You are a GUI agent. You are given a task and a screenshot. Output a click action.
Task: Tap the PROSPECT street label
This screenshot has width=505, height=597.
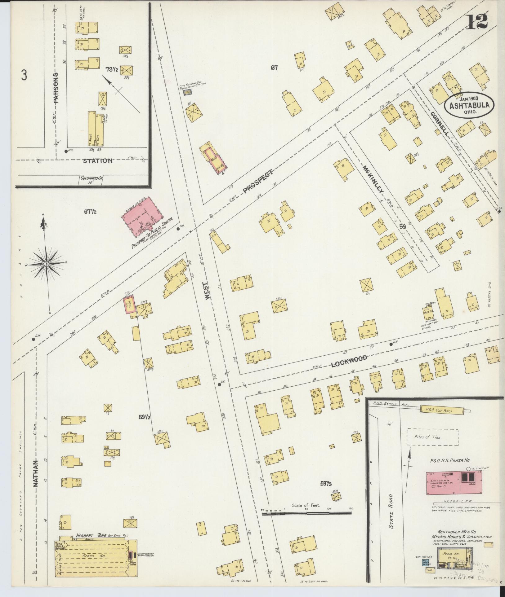click(258, 181)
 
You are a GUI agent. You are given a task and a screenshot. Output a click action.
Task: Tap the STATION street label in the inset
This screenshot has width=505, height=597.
click(97, 161)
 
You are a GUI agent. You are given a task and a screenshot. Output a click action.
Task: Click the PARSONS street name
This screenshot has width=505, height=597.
click(56, 88)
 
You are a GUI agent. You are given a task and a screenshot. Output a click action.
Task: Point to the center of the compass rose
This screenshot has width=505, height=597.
click(46, 264)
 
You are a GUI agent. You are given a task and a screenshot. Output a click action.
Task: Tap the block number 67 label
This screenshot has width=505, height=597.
click(274, 68)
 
